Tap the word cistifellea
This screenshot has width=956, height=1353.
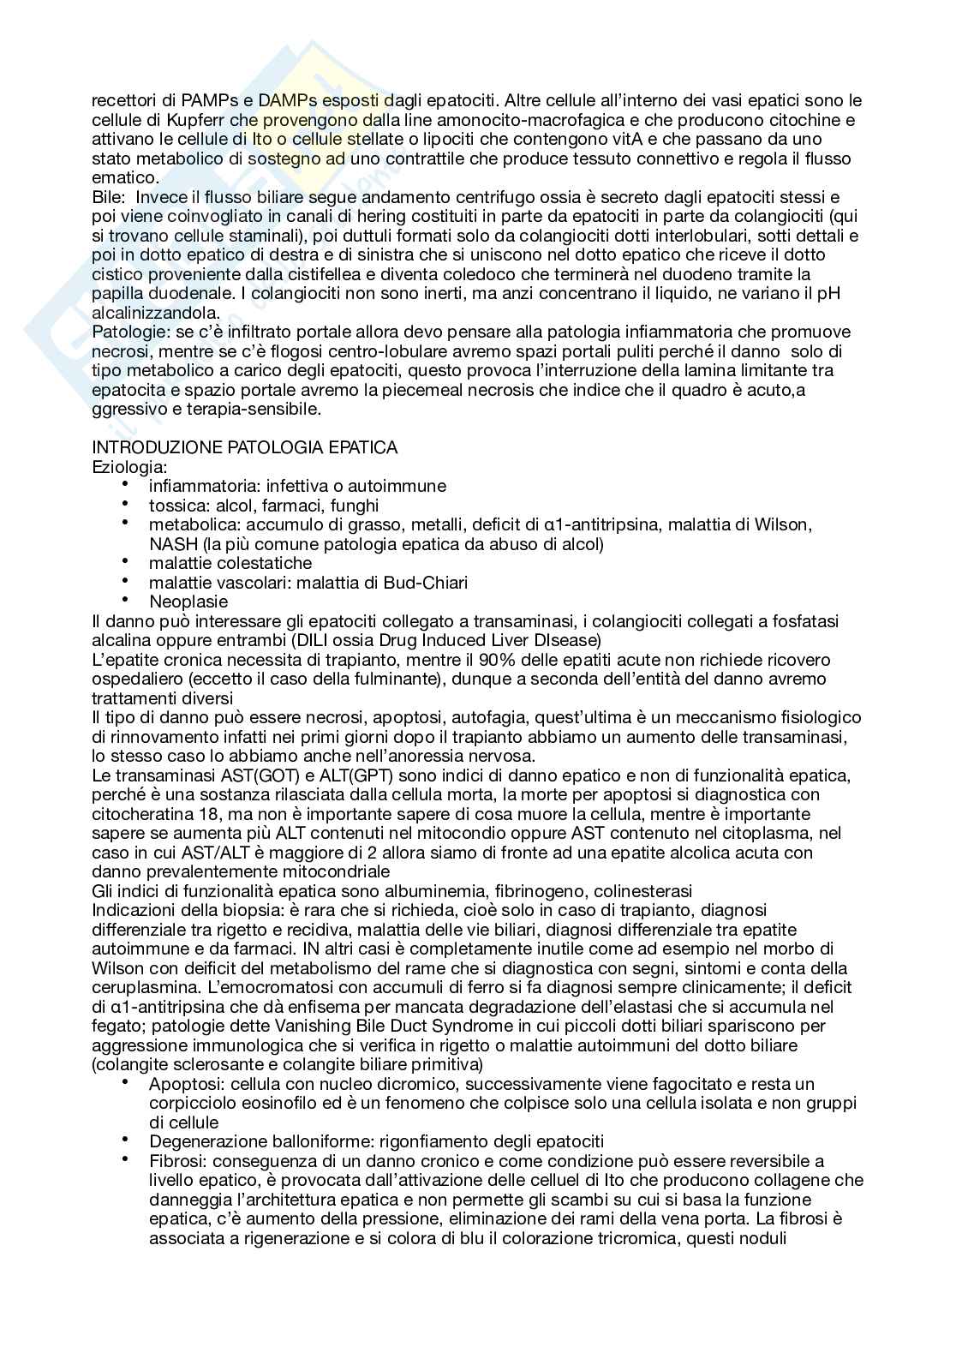pyautogui.click(x=328, y=274)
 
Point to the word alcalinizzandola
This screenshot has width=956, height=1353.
pyautogui.click(x=156, y=313)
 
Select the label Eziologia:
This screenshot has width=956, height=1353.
pyautogui.click(x=129, y=467)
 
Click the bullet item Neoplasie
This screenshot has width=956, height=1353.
pyautogui.click(x=188, y=602)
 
